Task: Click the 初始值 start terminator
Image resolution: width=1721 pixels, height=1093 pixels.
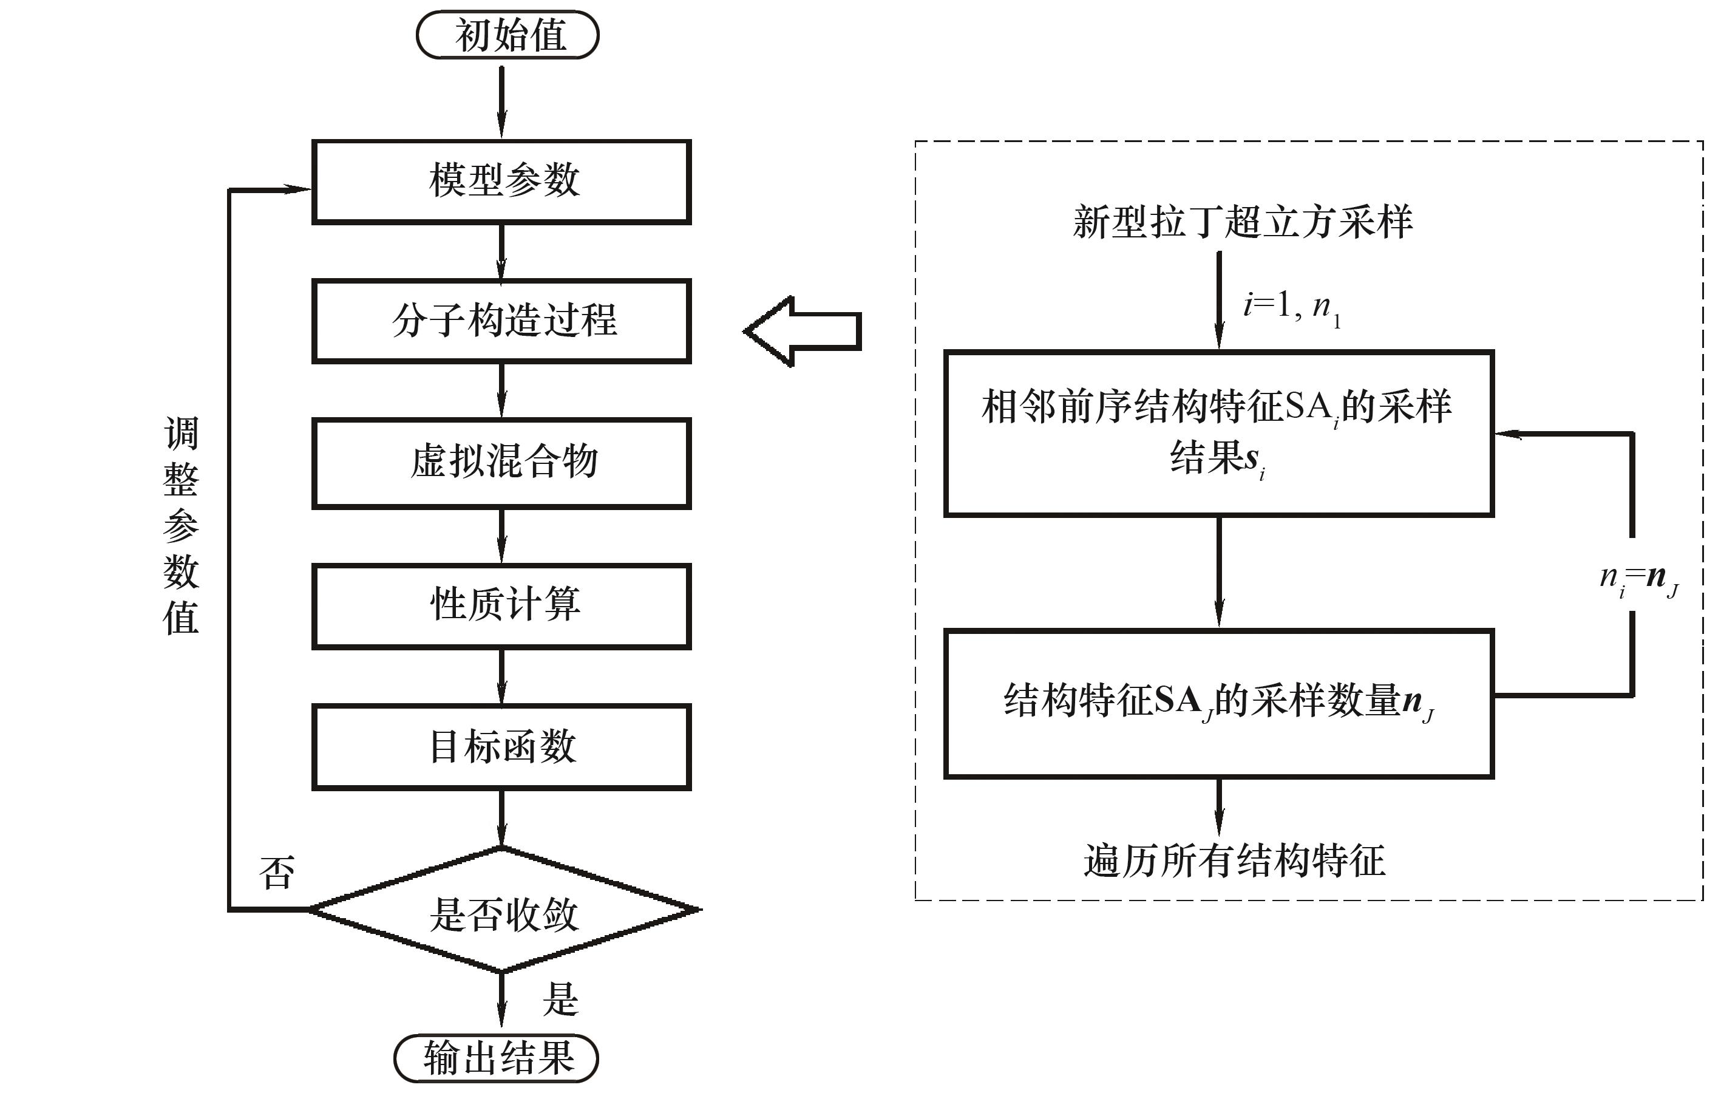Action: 507,35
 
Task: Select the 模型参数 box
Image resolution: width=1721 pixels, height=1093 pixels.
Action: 501,182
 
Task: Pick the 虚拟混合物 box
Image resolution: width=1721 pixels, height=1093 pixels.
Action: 501,463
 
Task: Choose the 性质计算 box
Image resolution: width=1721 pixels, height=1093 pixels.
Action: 501,605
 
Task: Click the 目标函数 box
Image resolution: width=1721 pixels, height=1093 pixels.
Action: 501,747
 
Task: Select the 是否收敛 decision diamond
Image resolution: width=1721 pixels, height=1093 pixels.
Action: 503,911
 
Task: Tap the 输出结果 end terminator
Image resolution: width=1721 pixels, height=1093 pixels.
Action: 497,1058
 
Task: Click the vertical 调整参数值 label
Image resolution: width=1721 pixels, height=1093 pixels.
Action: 181,525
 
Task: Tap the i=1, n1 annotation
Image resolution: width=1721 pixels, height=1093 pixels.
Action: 1291,307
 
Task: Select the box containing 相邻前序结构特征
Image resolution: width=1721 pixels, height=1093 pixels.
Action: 1218,433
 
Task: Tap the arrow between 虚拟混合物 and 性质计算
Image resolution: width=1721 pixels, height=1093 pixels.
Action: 501,536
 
